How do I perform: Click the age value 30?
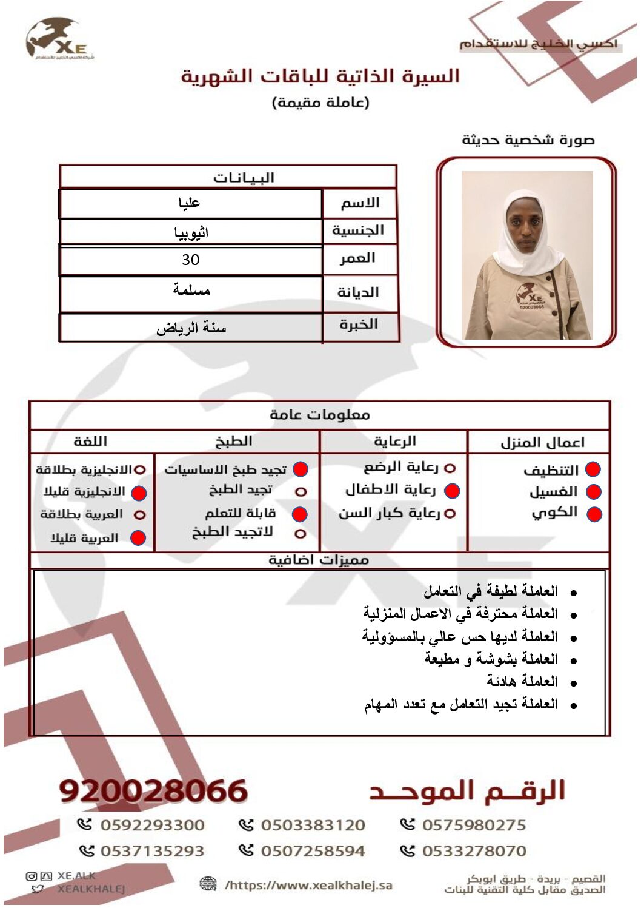point(190,260)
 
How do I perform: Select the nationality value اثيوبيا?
point(191,232)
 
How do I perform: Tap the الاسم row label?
point(359,203)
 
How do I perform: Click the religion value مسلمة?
point(191,290)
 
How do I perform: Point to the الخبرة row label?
point(359,325)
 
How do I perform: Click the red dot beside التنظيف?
point(593,469)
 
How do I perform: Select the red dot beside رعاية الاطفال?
point(452,490)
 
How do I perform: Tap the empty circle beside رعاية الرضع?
point(450,468)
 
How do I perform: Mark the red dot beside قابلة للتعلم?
point(299,514)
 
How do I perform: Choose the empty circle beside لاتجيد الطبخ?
point(300,534)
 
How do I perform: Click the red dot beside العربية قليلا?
point(138,537)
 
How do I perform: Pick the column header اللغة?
point(90,442)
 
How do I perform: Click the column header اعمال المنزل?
point(542,442)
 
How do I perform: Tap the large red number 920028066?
point(154,791)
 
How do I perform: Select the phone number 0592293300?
point(152,825)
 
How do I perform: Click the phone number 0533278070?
point(474,851)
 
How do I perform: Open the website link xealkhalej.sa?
point(309,885)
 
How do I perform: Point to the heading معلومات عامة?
point(319,415)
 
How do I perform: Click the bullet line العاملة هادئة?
point(522,681)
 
